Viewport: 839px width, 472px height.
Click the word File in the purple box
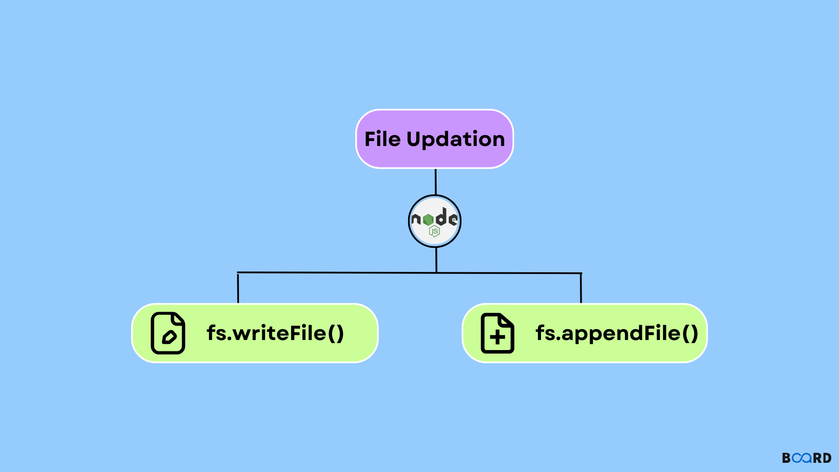pos(382,139)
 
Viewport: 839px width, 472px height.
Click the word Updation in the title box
pos(456,140)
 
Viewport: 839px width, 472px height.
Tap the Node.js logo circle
pos(435,221)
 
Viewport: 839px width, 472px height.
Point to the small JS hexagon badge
pos(434,231)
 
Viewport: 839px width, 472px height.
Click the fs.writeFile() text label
pos(275,333)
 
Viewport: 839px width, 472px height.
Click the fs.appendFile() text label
pos(617,333)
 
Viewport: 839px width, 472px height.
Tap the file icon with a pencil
pos(168,333)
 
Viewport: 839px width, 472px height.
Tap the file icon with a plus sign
pos(497,333)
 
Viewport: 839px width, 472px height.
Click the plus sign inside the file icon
pos(497,337)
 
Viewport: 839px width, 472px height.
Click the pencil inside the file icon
pos(169,337)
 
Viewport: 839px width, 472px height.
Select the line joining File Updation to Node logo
pos(435,182)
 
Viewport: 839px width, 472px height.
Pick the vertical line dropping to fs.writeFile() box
pos(238,288)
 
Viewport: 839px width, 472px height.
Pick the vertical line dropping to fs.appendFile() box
pos(581,288)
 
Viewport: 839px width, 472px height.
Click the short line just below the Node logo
pos(436,260)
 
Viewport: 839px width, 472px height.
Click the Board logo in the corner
pos(807,458)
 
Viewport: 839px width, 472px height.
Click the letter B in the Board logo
pos(787,458)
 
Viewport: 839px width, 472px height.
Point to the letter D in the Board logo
pos(827,458)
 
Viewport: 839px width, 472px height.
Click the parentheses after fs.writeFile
pos(335,333)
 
